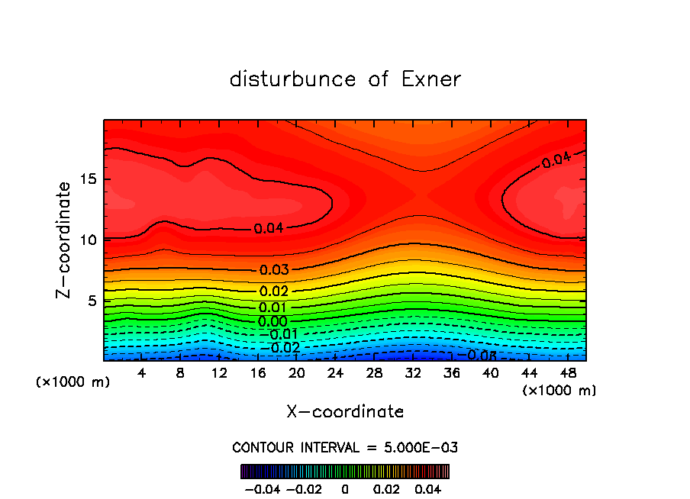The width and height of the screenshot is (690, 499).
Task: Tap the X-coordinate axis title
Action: [345, 412]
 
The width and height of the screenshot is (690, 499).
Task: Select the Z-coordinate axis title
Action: [65, 240]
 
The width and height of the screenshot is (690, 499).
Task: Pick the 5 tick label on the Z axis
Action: [89, 301]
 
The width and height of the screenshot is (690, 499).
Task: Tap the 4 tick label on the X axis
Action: [142, 373]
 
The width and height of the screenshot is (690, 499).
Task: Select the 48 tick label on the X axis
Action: [569, 373]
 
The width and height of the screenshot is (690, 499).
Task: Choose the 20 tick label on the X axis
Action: [297, 373]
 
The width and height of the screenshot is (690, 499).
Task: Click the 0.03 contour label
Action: [274, 270]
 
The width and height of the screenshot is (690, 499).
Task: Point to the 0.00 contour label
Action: [272, 322]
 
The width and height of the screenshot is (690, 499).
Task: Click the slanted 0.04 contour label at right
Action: [556, 160]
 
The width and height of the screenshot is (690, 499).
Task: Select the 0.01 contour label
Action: [273, 307]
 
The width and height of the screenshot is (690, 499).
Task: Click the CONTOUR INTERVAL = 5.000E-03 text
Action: [345, 447]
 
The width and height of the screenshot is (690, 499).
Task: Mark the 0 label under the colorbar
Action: [345, 488]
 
